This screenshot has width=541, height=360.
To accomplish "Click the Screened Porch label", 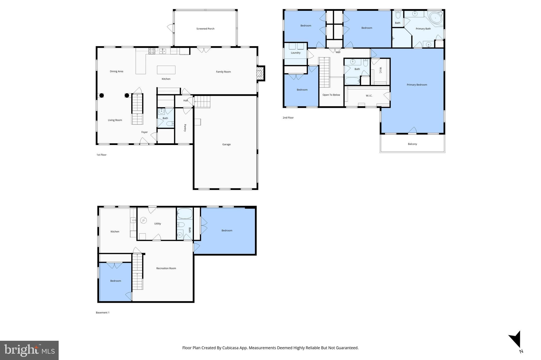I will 205,29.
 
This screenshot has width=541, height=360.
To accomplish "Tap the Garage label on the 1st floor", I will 226,145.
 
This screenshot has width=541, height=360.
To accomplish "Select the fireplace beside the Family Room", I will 260,73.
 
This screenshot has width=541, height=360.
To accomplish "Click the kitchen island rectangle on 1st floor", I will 166,70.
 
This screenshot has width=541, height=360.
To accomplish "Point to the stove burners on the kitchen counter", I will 152,51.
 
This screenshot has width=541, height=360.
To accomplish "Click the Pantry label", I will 185,128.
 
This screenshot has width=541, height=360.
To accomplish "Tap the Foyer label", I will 144,132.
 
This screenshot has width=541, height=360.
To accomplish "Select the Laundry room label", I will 296,53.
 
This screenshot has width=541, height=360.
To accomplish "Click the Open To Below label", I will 331,95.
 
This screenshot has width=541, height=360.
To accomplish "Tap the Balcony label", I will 412,144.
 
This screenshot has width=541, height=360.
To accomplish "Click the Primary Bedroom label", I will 417,85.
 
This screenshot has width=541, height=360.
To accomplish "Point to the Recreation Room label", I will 166,268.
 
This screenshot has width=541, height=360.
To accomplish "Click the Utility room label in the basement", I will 157,224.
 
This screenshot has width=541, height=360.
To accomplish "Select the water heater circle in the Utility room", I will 143,220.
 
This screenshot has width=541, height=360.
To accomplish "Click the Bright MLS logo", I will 29,350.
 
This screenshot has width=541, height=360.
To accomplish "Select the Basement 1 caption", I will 102,313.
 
